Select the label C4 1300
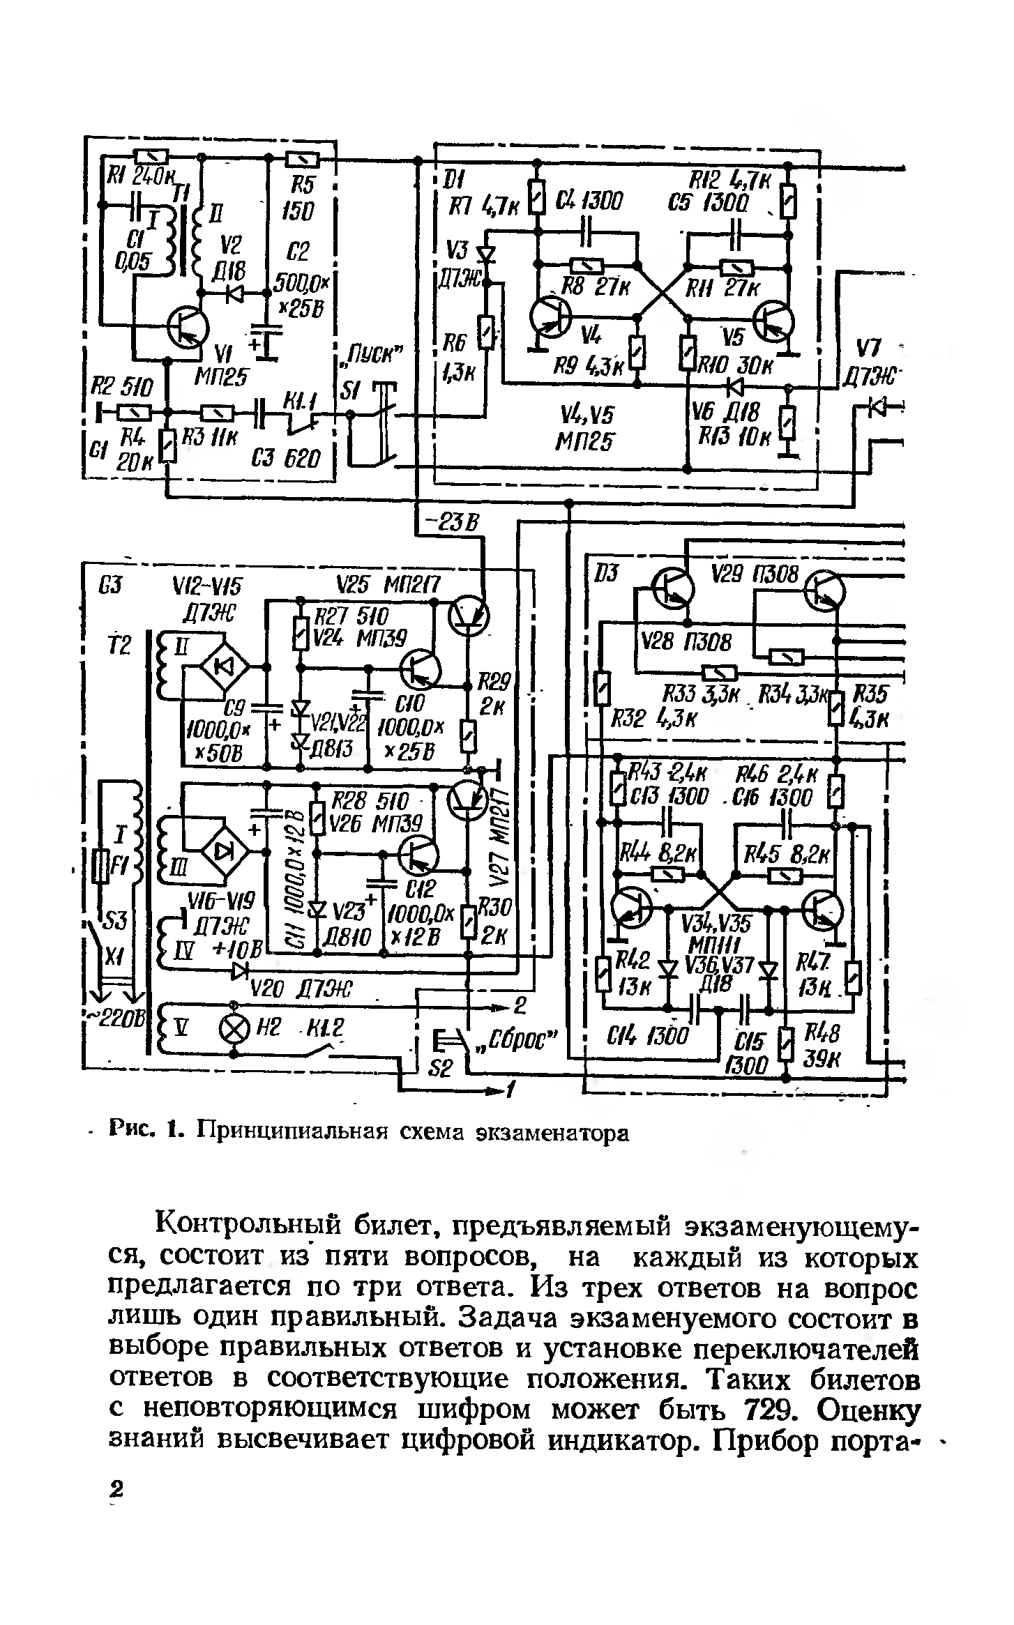[587, 203]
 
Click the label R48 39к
[823, 1046]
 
